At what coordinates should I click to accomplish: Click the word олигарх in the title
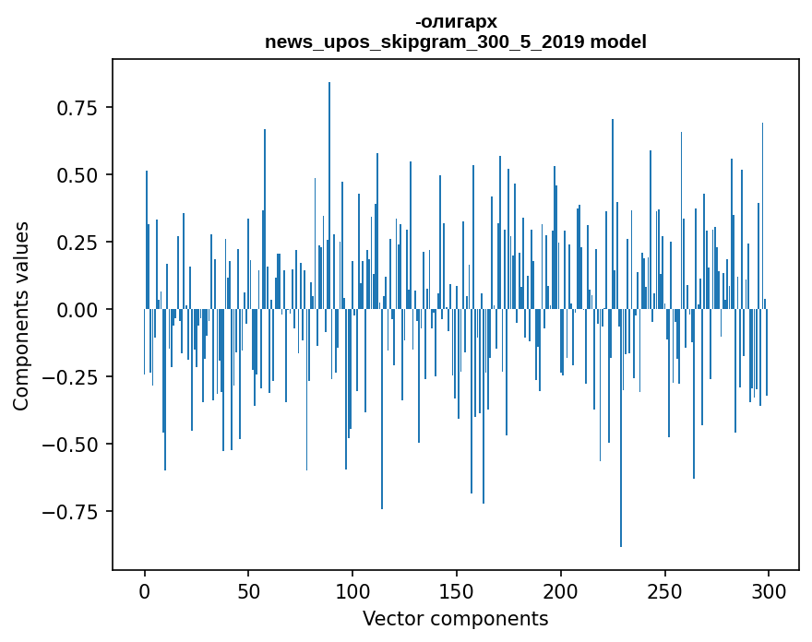(x=458, y=22)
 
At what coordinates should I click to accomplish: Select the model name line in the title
(x=455, y=42)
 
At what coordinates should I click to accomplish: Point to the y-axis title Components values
(x=20, y=315)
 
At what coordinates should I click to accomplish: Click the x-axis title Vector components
(x=455, y=618)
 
